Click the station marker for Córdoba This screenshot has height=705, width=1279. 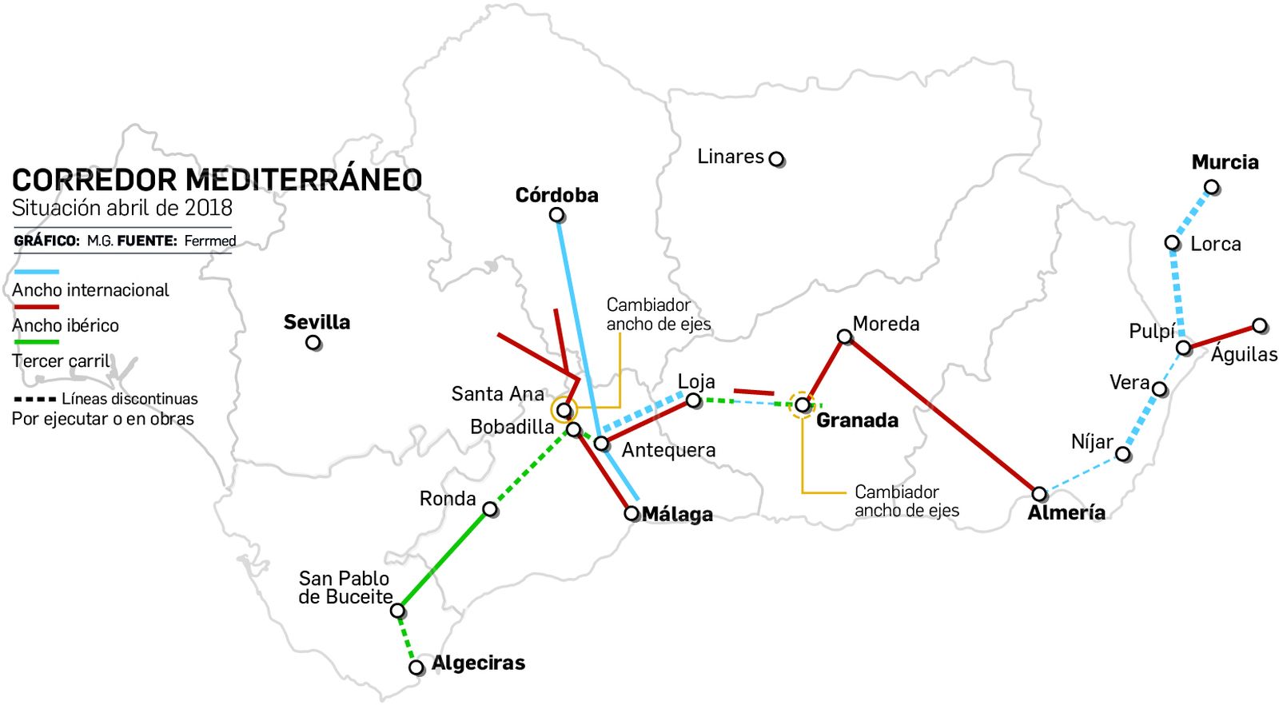point(557,215)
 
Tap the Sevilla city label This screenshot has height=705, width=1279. point(317,322)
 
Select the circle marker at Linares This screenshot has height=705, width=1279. point(776,159)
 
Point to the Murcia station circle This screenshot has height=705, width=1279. point(1212,188)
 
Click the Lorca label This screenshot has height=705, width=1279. point(1215,244)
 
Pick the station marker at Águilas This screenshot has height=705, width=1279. point(1260,325)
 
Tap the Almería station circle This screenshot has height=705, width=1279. point(1039,494)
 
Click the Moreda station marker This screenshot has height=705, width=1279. point(844,337)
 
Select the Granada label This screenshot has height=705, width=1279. point(857,420)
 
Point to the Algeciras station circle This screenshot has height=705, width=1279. point(416,667)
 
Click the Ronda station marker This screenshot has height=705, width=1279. point(491,509)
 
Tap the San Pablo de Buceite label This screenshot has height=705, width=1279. point(345,587)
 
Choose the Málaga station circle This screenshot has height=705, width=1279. point(632,513)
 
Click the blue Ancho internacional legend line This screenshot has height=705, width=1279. point(36,272)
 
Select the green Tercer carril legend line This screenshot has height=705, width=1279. point(36,341)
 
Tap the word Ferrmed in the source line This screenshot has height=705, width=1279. point(210,241)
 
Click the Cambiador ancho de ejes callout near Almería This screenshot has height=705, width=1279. point(906,501)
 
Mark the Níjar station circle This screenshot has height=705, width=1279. point(1123,455)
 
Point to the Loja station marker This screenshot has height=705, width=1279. point(694,400)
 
